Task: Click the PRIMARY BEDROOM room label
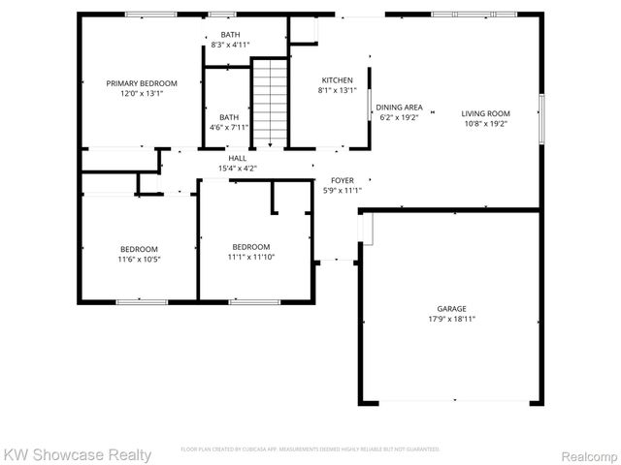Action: click(141, 84)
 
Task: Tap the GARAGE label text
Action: click(452, 308)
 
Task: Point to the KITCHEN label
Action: click(337, 80)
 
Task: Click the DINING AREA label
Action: click(399, 107)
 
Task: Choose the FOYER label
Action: click(343, 180)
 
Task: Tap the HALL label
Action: click(238, 158)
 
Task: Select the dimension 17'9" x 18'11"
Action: click(452, 319)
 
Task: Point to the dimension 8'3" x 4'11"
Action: click(230, 45)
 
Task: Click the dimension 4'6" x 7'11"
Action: click(229, 127)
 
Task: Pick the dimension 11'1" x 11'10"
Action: click(250, 257)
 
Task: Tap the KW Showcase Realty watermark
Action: click(78, 453)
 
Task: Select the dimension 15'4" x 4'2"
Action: click(238, 169)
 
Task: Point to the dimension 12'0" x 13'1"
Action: click(141, 95)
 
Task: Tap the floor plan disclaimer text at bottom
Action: click(310, 449)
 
